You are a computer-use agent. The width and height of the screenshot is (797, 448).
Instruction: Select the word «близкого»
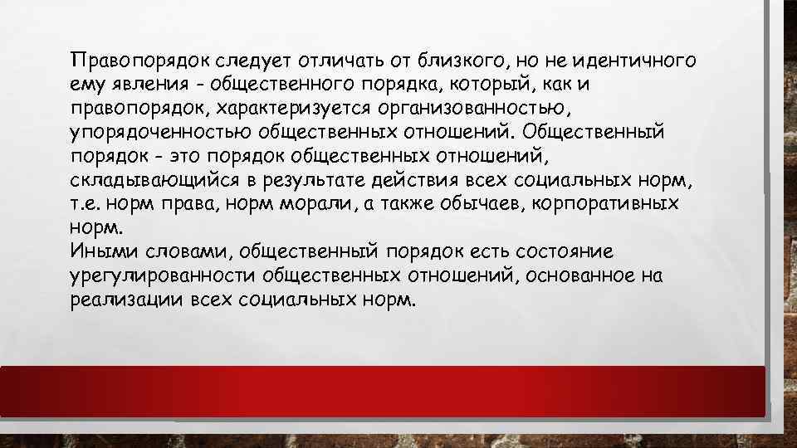pyautogui.click(x=459, y=61)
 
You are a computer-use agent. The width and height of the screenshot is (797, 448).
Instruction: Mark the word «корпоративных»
pyautogui.click(x=609, y=204)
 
